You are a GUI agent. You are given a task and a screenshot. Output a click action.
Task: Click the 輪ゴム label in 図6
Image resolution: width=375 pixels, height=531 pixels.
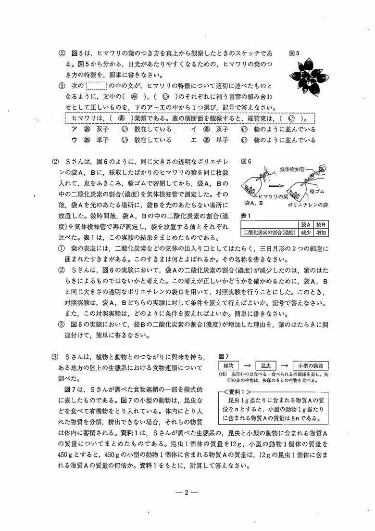[x=318, y=191]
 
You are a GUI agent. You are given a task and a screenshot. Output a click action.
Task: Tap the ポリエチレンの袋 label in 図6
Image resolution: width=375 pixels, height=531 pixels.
[x=307, y=205]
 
